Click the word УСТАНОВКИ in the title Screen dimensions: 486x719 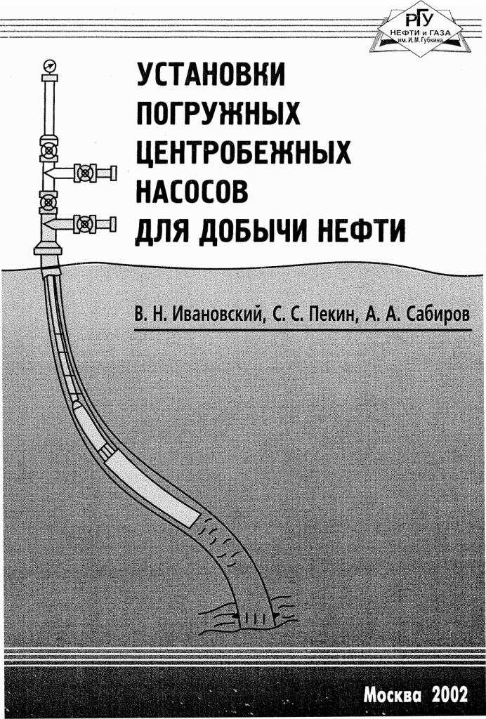211,74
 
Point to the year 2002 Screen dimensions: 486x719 449,694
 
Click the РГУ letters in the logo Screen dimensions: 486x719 419,20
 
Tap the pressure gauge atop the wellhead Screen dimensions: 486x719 48,65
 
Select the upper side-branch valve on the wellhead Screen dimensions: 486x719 85,173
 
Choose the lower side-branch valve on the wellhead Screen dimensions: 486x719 85,224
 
